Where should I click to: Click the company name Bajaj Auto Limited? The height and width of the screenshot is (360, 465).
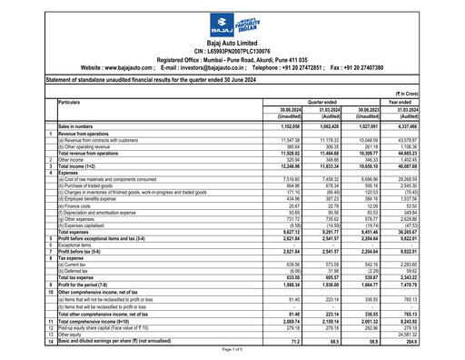(232, 43)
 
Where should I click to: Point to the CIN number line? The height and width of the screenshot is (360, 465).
(232, 51)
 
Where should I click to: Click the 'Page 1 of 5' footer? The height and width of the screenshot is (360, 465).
(232, 351)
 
